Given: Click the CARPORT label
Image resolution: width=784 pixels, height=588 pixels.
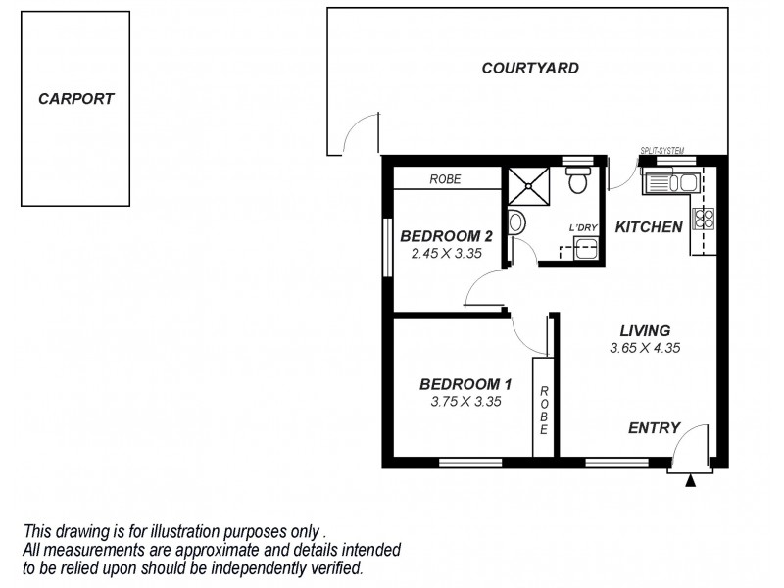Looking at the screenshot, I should [75, 99].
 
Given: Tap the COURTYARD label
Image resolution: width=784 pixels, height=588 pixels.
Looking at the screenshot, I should [530, 69].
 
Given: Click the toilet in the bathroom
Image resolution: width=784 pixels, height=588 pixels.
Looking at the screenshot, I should [578, 180].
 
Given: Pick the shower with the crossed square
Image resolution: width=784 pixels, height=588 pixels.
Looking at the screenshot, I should [526, 184].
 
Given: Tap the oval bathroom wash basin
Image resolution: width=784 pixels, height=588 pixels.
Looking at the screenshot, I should [516, 222].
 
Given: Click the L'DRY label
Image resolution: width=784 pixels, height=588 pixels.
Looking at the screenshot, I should [584, 228].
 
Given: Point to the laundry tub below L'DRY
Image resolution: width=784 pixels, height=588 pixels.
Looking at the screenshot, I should [585, 247].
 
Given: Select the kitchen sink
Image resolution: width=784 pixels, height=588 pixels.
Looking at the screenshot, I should [669, 181].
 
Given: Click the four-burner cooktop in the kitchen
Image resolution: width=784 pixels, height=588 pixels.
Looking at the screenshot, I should [704, 219].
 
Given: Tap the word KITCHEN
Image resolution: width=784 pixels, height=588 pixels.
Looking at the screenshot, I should [648, 227].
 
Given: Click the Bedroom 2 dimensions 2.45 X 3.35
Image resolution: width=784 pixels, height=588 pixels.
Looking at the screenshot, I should [445, 253].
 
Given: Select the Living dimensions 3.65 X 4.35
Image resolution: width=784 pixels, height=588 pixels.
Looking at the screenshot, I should [644, 347].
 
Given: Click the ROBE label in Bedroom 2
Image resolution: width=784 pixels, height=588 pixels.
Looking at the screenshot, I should [446, 180].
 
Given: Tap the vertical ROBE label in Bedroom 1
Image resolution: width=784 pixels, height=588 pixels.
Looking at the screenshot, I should [544, 409].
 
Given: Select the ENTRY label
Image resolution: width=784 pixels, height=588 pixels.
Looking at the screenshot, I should [654, 427].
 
